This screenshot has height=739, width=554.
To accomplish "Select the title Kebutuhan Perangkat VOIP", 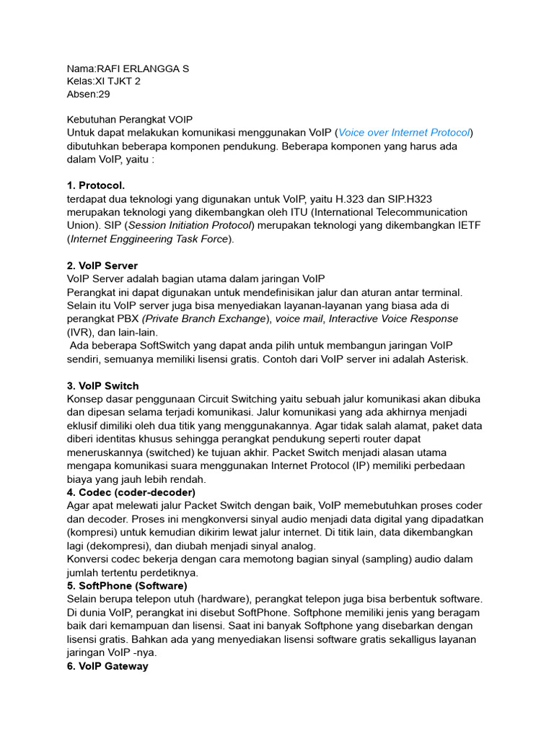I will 130,120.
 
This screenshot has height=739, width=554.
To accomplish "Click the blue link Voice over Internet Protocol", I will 404,133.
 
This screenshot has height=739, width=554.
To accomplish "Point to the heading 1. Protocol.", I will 96,185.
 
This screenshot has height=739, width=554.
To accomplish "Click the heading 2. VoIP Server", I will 102,266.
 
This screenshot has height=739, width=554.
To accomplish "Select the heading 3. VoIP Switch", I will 103,386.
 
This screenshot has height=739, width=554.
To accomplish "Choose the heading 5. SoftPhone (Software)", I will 127,586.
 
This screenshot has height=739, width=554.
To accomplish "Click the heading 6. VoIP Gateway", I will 107,666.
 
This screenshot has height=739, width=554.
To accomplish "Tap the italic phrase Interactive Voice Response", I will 393,319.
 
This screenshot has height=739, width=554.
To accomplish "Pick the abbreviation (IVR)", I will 80,333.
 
